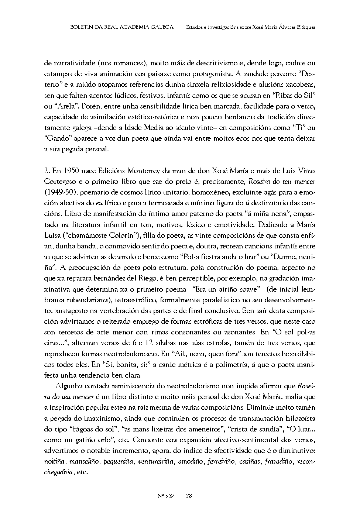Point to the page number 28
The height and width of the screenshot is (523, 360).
click(x=189, y=496)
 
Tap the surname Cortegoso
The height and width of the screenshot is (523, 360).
click(x=60, y=182)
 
